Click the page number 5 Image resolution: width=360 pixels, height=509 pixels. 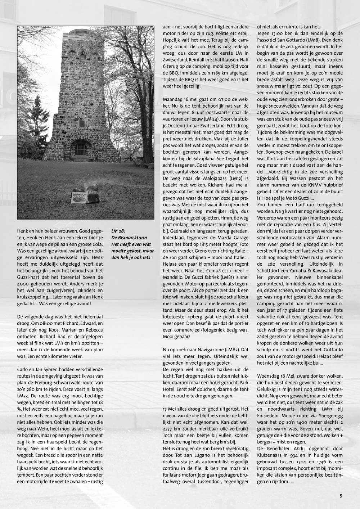[x=341, y=496]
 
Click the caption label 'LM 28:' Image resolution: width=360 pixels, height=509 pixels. [x=118, y=231]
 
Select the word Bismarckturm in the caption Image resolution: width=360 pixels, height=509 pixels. [x=133, y=238]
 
